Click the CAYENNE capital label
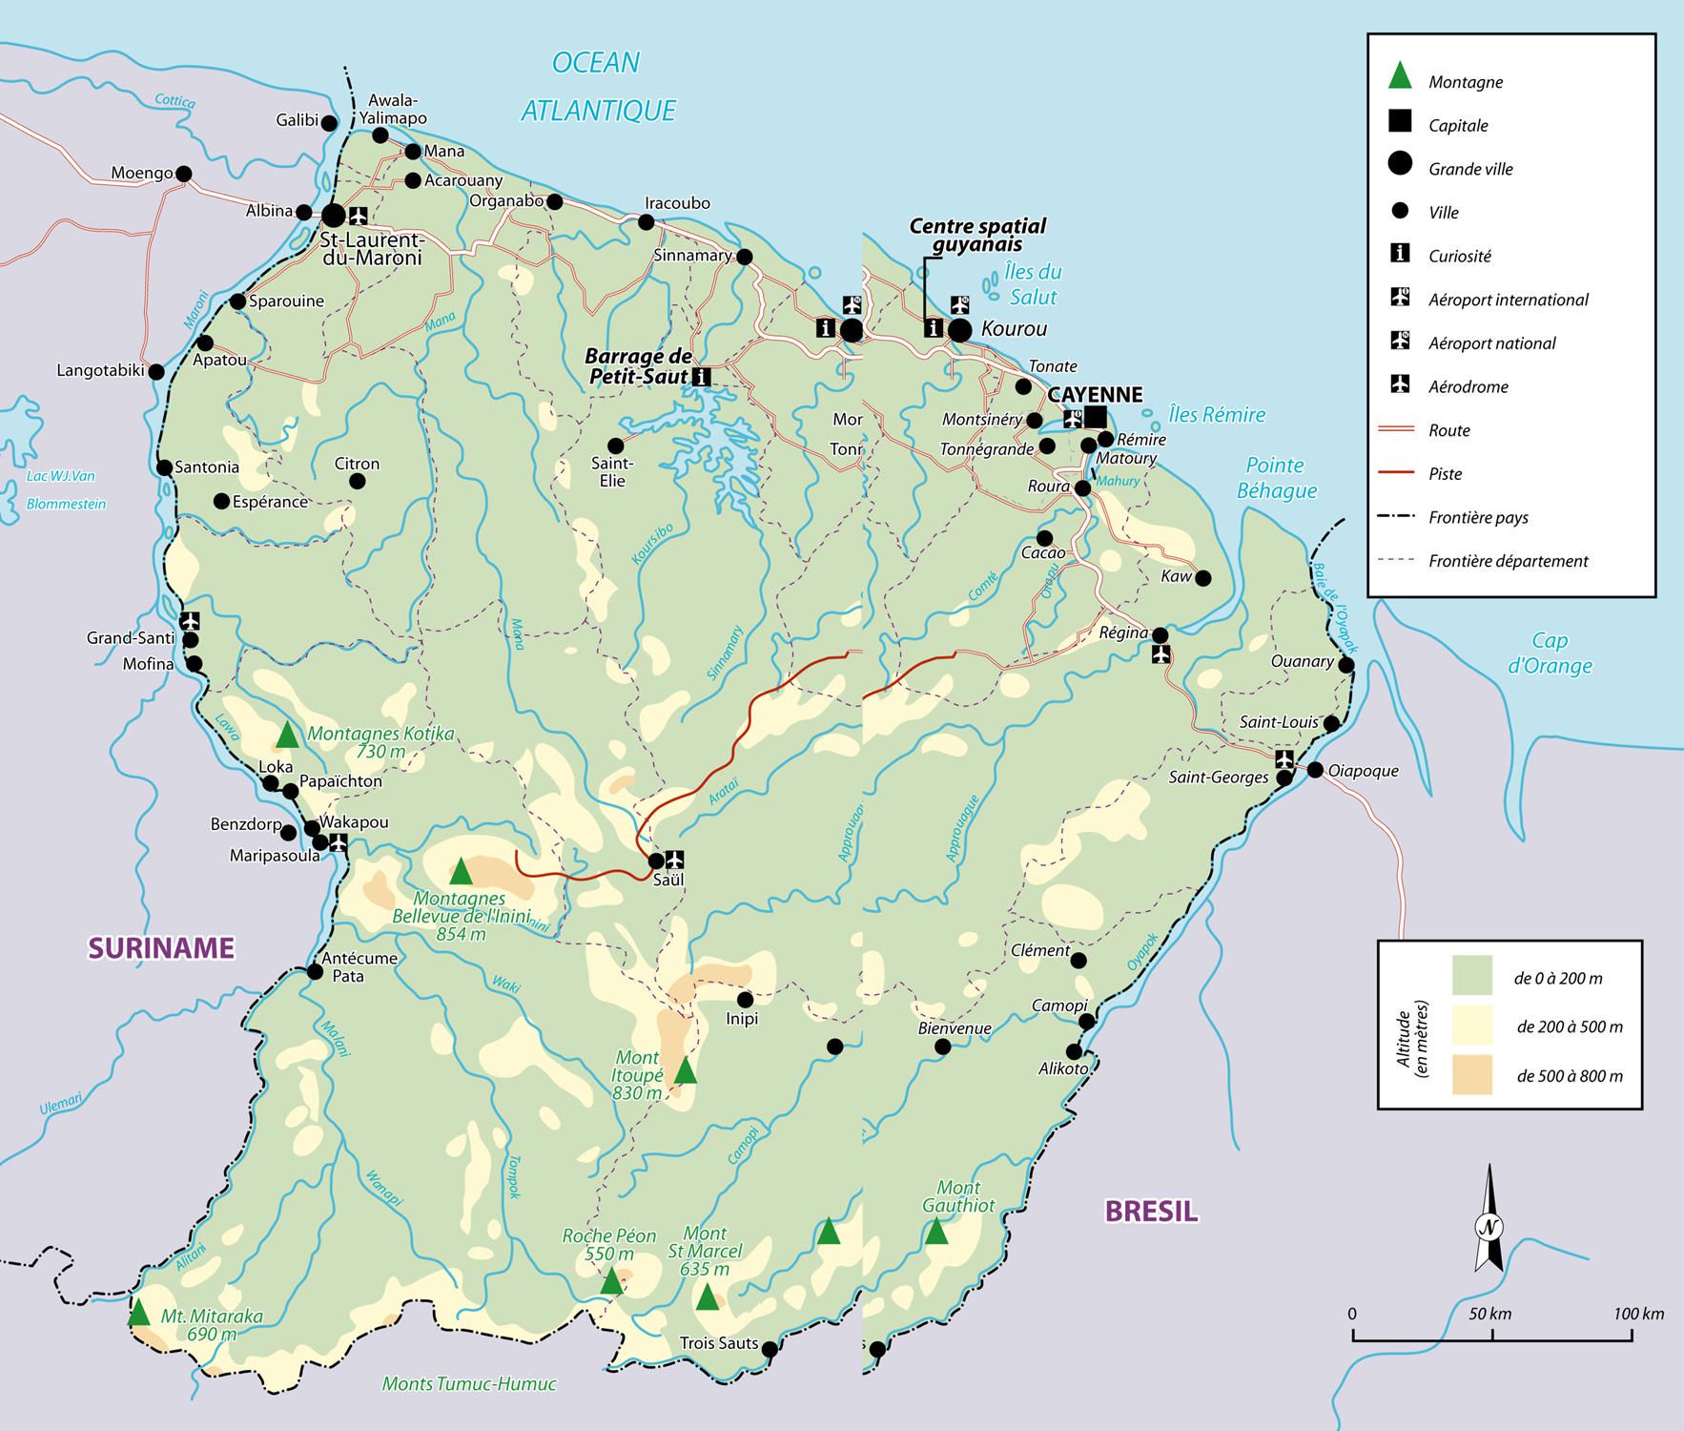pos(1095,395)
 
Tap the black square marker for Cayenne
pos(1095,417)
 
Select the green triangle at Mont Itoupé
pos(685,1071)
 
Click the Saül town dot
pos(656,861)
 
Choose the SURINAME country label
pos(161,947)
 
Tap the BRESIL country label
pos(1151,1212)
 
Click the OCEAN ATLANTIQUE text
pos(598,87)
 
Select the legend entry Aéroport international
pos(1508,300)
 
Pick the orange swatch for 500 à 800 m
pos(1471,1075)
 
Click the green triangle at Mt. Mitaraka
pos(138,1314)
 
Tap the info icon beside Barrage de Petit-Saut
pos(704,376)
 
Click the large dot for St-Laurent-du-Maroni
pos(333,215)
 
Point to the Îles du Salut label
pos(1033,284)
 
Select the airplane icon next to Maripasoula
pos(337,842)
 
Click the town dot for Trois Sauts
pos(770,1349)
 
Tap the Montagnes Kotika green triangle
pos(287,736)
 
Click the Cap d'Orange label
pos(1550,653)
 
